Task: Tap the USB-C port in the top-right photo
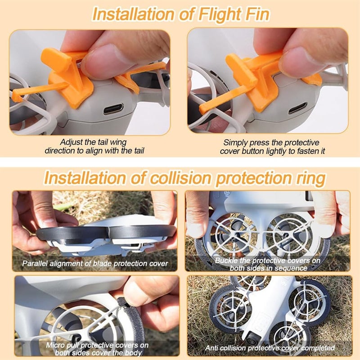coord(298,108)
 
